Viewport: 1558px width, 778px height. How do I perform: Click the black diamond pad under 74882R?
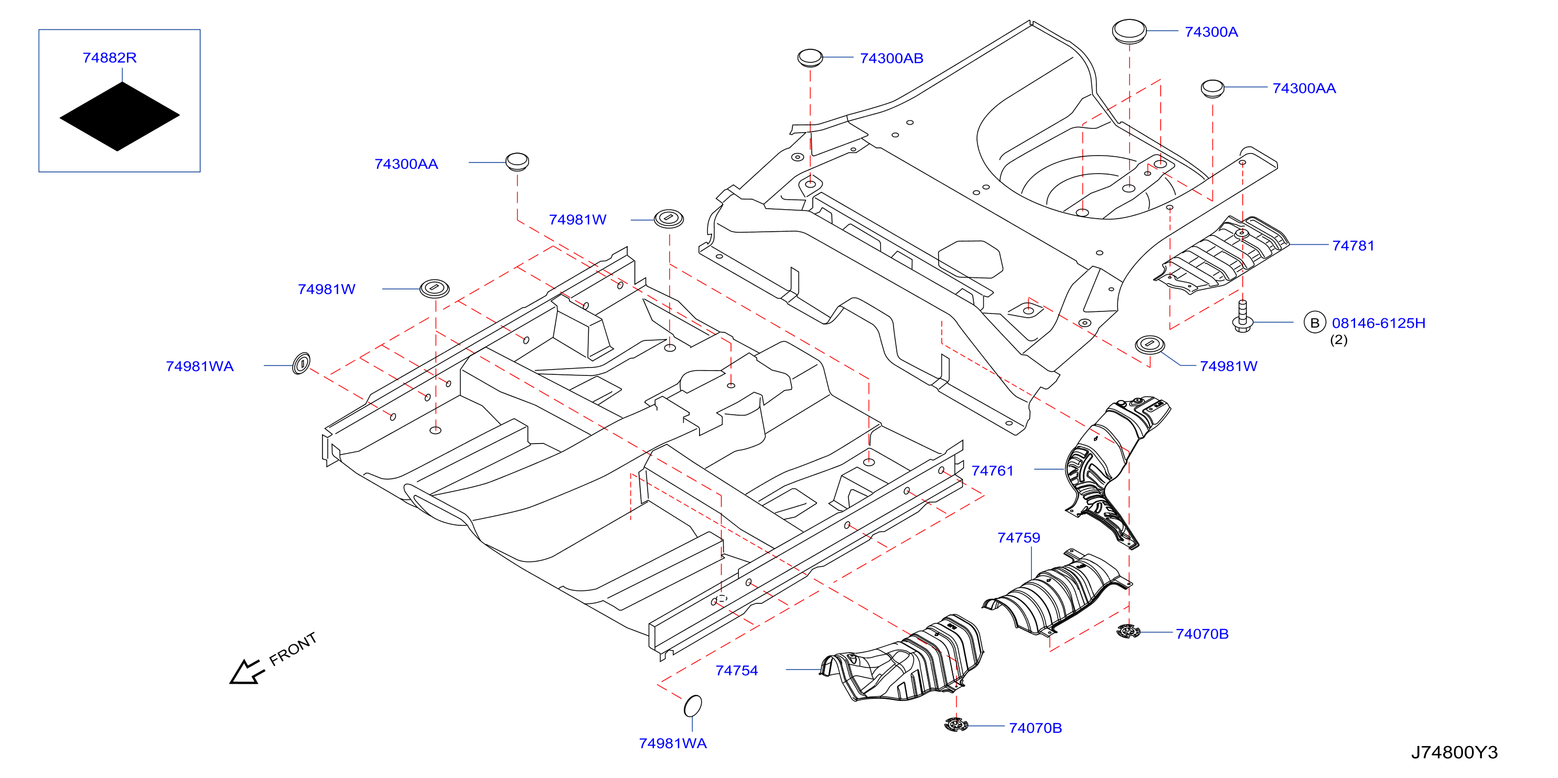point(120,116)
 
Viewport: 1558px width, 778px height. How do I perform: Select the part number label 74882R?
point(110,58)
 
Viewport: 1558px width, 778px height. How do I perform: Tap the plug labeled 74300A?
point(1129,31)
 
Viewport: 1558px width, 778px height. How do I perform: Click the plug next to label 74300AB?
point(810,58)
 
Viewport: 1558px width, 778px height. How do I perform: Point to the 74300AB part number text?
point(891,58)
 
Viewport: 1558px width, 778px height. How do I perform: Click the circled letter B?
point(1314,323)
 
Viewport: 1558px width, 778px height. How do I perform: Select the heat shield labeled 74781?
point(1222,254)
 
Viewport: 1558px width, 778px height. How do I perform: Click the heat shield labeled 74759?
point(1057,592)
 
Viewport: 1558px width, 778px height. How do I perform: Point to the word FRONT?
point(293,649)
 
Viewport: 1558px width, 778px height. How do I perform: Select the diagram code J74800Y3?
point(1455,753)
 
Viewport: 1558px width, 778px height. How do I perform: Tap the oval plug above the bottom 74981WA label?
point(693,706)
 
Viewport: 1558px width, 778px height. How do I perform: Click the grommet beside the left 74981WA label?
point(301,364)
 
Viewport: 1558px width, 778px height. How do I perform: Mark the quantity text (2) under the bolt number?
point(1338,340)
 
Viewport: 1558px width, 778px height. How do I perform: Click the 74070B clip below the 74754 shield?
point(955,724)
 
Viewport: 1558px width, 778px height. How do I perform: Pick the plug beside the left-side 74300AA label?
point(517,162)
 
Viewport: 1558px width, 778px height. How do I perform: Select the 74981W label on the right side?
point(1228,366)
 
